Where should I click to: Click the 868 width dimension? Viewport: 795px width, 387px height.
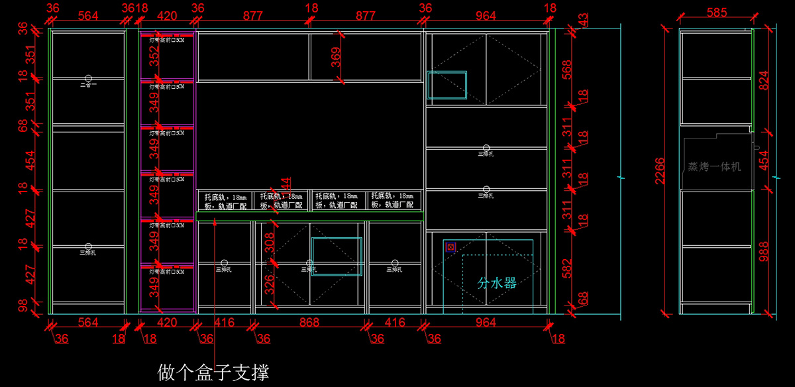(x=309, y=323)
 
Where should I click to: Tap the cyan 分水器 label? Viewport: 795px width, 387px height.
(x=496, y=283)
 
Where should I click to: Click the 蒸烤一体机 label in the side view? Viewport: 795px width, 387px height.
(x=714, y=167)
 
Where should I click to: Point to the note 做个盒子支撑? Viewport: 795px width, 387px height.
(x=213, y=372)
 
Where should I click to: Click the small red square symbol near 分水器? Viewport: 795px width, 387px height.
(x=450, y=247)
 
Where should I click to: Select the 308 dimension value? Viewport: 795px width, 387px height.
(x=269, y=245)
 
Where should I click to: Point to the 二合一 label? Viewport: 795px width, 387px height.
(x=87, y=85)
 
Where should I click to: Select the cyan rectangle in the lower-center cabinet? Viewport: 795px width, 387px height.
(x=337, y=256)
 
